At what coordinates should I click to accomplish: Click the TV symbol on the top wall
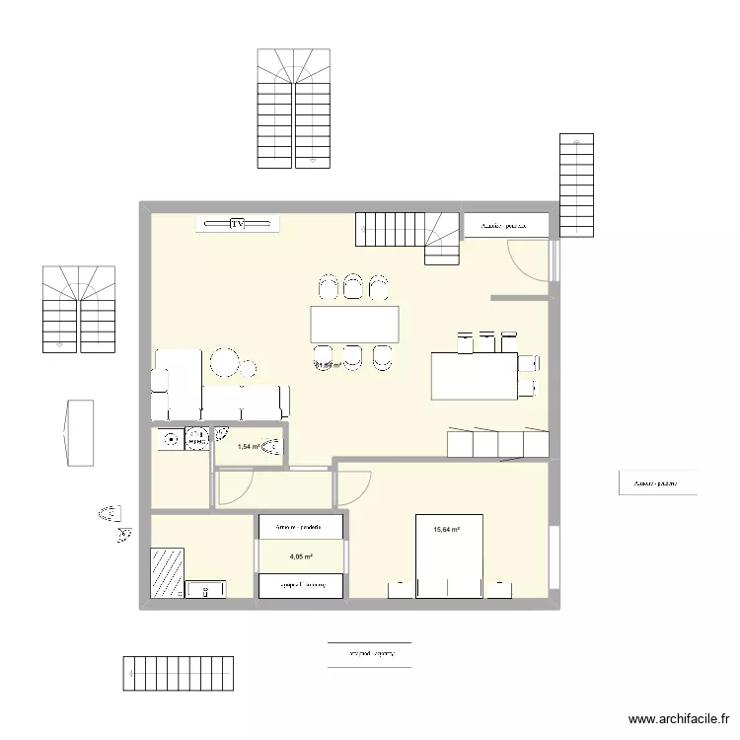pyautogui.click(x=237, y=225)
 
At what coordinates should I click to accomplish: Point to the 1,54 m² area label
pyautogui.click(x=248, y=447)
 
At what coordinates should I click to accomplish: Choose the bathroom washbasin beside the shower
pyautogui.click(x=205, y=590)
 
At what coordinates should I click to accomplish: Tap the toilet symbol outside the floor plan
pyautogui.click(x=110, y=513)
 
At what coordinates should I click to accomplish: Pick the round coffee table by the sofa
pyautogui.click(x=225, y=363)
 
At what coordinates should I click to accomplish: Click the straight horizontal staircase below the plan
pyautogui.click(x=178, y=675)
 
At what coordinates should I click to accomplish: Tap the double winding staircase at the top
pyautogui.click(x=294, y=108)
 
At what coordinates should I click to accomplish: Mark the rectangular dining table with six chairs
pyautogui.click(x=354, y=325)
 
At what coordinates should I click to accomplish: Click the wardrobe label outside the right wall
pyautogui.click(x=657, y=483)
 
